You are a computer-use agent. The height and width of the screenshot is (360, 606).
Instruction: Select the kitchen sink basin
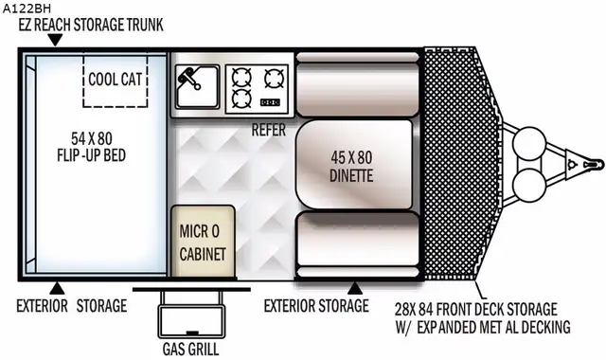point(196,88)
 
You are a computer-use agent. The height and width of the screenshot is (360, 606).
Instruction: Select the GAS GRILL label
point(192,347)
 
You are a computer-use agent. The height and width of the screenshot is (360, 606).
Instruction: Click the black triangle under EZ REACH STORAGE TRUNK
point(55,41)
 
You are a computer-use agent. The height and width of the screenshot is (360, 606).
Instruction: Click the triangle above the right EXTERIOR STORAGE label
point(355,286)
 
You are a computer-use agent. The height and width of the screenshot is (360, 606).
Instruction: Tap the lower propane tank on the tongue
point(528,188)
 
